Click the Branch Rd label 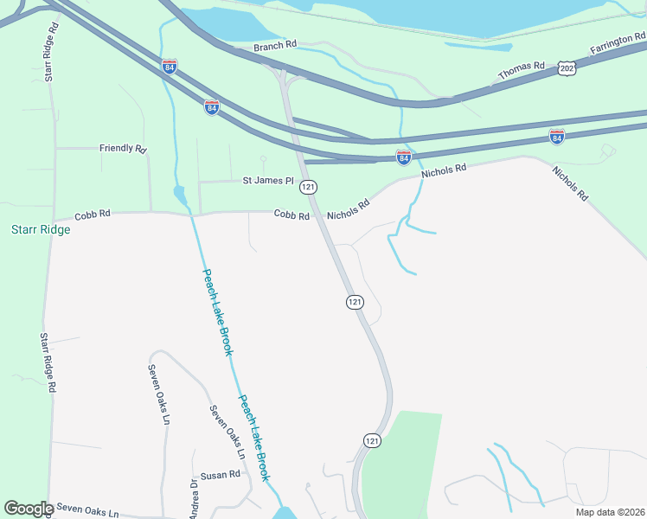click(x=276, y=44)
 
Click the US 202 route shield click(x=567, y=67)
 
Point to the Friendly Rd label click(x=123, y=148)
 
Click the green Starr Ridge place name click(x=40, y=230)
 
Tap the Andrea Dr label click(x=194, y=496)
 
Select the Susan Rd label click(x=220, y=475)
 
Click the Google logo click(x=29, y=509)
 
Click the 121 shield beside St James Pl click(x=309, y=187)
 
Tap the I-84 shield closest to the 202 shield click(x=557, y=137)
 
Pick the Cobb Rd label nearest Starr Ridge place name click(x=93, y=213)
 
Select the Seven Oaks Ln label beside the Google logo click(x=84, y=512)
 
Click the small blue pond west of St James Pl click(x=180, y=195)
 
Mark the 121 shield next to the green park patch click(x=371, y=440)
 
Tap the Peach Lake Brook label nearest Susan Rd click(x=255, y=438)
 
